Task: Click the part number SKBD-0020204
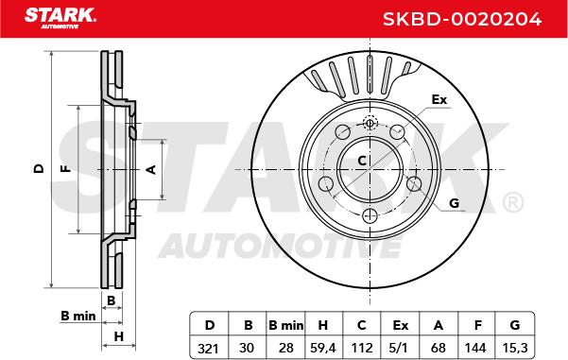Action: coord(462,19)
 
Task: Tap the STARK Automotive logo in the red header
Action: coord(60,18)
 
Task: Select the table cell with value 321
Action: coord(208,349)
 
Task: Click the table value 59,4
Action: coord(323,349)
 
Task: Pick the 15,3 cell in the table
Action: coord(515,349)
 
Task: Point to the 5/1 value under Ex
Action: coord(400,349)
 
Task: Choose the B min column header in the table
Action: coord(285,325)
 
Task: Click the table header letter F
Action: coord(478,325)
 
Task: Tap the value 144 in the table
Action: coord(475,349)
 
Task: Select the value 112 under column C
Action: coord(362,349)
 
